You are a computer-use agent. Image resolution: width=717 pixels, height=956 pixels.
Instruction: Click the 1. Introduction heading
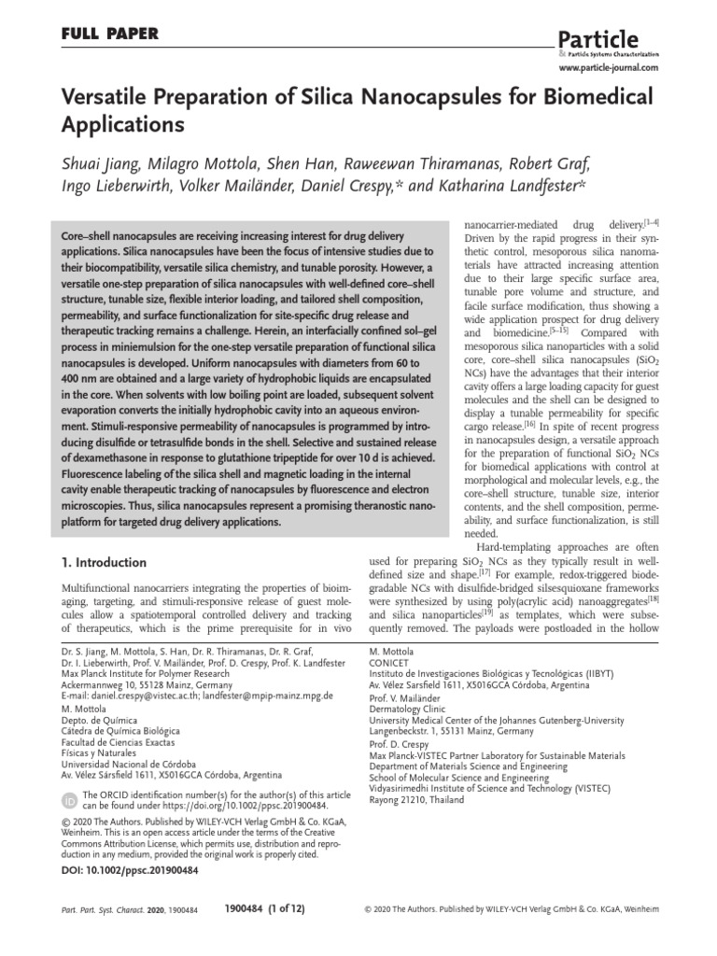(x=104, y=563)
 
